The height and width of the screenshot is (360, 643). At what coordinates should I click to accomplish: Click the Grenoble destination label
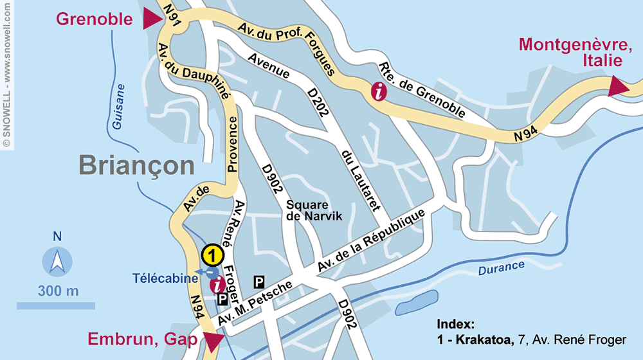coord(95,19)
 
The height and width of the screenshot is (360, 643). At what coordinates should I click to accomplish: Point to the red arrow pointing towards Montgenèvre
coord(619,87)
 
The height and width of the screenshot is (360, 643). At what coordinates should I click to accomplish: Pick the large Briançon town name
coord(136,165)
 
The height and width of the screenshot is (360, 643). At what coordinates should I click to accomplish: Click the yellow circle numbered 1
coord(212,255)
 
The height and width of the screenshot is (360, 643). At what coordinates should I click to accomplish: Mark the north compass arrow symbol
coord(57,262)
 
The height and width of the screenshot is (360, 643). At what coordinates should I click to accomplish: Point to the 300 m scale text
coord(58,291)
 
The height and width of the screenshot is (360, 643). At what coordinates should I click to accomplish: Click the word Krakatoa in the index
coord(486,339)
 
